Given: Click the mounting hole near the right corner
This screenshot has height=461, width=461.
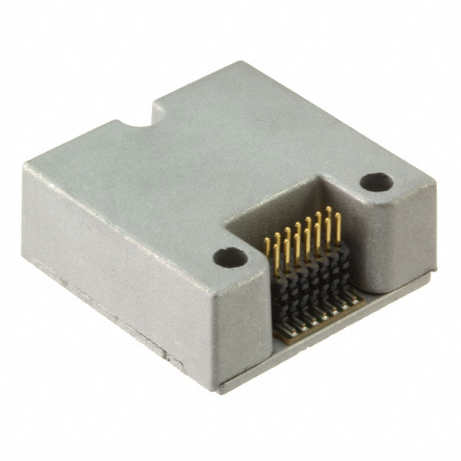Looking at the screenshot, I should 375,182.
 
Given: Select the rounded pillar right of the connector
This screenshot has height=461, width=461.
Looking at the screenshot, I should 393,238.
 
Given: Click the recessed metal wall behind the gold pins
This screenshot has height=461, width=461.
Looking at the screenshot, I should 288,209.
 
